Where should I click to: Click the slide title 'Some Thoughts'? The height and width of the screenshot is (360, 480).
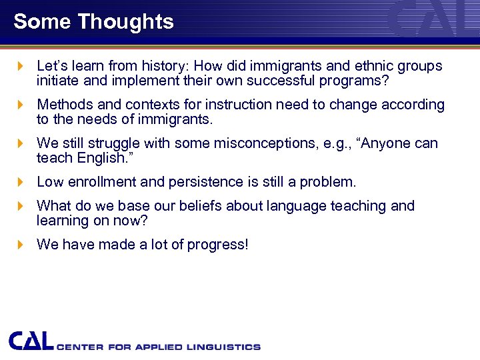[x=93, y=21]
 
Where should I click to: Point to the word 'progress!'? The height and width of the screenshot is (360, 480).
[x=219, y=245]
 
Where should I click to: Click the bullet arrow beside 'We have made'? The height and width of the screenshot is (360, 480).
[x=20, y=245]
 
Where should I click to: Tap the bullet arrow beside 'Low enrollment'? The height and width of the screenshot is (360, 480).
[x=20, y=182]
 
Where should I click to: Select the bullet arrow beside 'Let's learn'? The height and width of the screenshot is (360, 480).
[x=20, y=67]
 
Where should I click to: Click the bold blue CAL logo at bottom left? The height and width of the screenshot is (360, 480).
[x=31, y=341]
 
